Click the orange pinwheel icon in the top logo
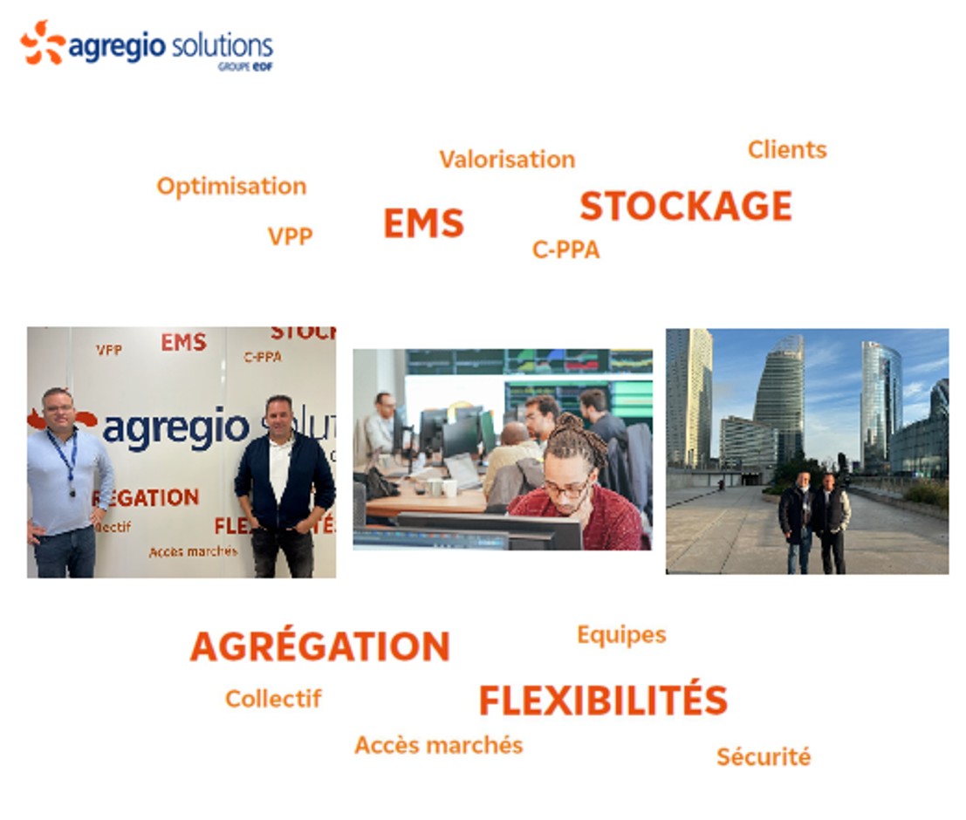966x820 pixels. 43,43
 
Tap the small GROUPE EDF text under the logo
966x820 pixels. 245,66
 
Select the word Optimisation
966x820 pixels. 231,187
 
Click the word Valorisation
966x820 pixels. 507,160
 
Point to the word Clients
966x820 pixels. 787,150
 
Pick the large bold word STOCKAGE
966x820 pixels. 686,206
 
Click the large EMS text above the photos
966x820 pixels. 423,223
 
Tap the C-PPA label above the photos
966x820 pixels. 565,249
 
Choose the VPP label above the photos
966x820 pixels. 291,236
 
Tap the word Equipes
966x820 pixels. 621,634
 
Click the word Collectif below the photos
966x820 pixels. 273,699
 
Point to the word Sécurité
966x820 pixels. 764,756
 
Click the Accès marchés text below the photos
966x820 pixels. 439,745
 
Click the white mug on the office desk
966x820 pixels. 449,488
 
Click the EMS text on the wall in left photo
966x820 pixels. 183,343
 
